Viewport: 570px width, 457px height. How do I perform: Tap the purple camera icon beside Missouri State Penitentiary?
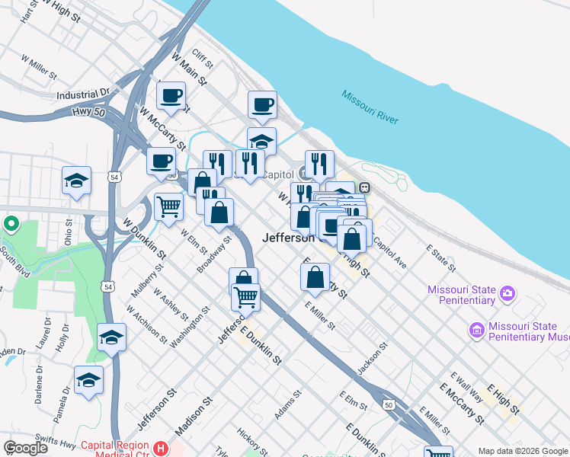[x=508, y=292]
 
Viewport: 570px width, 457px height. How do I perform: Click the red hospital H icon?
[x=160, y=448]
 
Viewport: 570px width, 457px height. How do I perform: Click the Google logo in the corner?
[x=25, y=448]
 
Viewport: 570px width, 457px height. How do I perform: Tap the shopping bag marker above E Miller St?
[x=315, y=277]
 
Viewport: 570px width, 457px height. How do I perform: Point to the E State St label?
[x=440, y=259]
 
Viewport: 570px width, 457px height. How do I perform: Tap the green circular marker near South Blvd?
[x=10, y=225]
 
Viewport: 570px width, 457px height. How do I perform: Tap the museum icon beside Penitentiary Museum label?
[x=476, y=330]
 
